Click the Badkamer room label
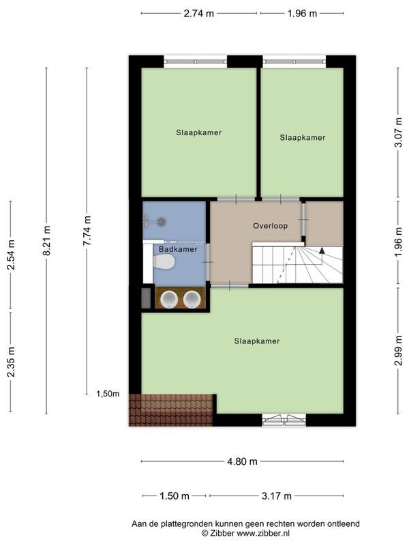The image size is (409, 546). (x=178, y=249)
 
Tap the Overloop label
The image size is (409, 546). (x=270, y=226)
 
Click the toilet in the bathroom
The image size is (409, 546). (x=164, y=261)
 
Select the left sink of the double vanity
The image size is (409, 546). (x=169, y=300)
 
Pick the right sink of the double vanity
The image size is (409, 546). (x=192, y=300)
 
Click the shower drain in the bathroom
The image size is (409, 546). (x=162, y=221)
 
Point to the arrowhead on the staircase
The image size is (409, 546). (x=322, y=250)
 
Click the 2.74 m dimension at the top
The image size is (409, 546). (x=198, y=14)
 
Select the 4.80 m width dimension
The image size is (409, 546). (x=242, y=462)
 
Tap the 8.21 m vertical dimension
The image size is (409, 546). (x=46, y=240)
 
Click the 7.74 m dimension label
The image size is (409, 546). (x=87, y=231)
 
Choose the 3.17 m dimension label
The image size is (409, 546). (x=277, y=496)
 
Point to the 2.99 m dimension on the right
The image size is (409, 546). (x=398, y=350)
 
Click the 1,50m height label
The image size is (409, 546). (x=108, y=394)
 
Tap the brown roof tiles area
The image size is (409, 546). (x=171, y=410)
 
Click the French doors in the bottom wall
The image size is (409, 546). (x=284, y=420)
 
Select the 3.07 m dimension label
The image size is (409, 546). (x=398, y=132)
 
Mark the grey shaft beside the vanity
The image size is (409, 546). (x=146, y=298)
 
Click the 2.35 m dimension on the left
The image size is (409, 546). (x=11, y=362)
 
